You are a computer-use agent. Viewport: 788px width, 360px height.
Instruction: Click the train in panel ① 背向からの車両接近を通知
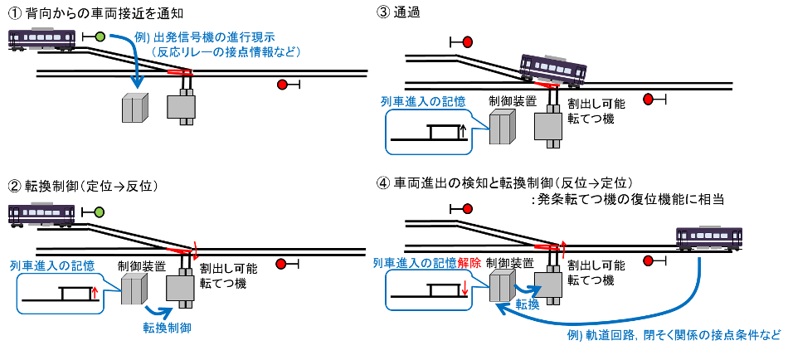click(x=42, y=40)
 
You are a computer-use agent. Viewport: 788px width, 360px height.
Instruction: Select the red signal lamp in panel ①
click(x=283, y=85)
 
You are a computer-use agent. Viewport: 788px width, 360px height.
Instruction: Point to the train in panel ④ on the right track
click(x=709, y=237)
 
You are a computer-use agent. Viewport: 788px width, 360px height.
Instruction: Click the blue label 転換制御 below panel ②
click(x=167, y=328)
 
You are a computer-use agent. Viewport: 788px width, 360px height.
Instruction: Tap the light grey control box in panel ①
click(x=134, y=109)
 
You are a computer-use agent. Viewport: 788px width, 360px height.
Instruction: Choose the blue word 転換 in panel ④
click(x=528, y=304)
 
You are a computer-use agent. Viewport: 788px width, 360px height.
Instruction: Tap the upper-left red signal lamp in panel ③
click(x=467, y=41)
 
